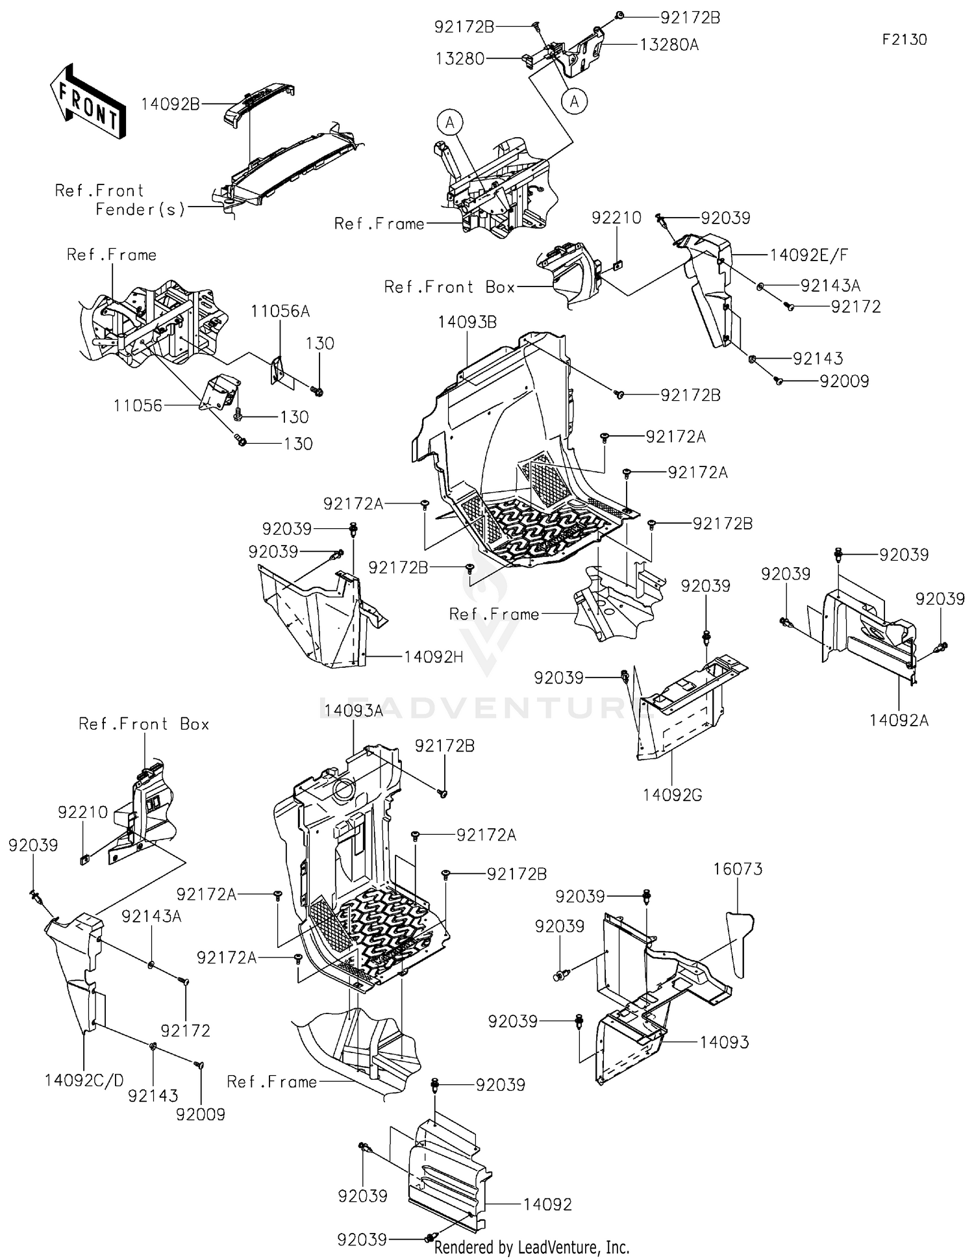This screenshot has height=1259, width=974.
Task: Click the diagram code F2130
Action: click(904, 40)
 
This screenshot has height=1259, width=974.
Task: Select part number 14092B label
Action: click(171, 104)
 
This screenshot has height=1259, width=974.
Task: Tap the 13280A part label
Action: click(669, 45)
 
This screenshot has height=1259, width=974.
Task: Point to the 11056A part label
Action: click(281, 311)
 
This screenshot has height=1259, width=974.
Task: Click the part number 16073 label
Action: click(738, 869)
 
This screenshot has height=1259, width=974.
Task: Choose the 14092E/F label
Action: click(809, 255)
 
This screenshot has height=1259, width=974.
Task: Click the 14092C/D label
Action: click(84, 1080)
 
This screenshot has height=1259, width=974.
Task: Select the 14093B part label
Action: click(468, 322)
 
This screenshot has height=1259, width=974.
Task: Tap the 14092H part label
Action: click(433, 657)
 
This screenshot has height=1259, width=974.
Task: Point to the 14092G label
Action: click(673, 795)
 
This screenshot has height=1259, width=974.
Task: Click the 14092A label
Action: click(899, 720)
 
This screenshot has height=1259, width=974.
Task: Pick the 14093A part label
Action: click(354, 711)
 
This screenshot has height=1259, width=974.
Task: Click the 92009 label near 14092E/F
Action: click(844, 381)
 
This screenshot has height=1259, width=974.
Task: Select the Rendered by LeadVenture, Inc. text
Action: click(531, 1247)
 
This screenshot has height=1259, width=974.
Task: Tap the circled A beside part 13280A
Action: click(574, 101)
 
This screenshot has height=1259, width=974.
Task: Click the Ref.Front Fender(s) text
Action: click(120, 199)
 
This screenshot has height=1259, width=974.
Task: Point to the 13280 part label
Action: click(460, 58)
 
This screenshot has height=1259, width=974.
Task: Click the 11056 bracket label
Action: click(138, 406)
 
